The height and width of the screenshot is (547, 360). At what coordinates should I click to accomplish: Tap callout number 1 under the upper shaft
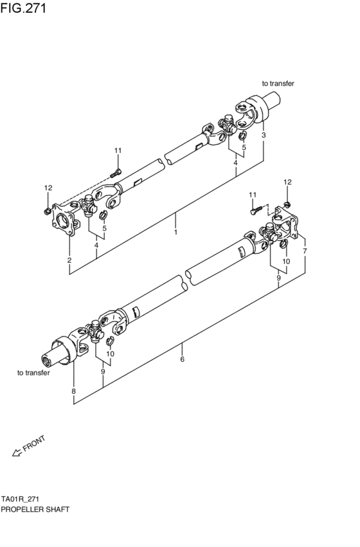(x=175, y=233)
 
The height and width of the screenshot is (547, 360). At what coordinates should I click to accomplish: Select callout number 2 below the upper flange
(x=69, y=260)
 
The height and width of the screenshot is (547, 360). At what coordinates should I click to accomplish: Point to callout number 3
(x=264, y=136)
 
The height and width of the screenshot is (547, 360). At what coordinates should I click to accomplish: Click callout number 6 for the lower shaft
(x=183, y=359)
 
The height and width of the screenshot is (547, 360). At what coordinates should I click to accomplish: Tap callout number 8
(x=74, y=391)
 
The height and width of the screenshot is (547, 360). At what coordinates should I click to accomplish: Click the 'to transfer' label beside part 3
(x=278, y=83)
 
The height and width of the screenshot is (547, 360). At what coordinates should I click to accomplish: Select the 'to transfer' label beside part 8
(x=33, y=373)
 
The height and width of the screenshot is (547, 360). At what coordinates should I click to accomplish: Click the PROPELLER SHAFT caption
(x=35, y=508)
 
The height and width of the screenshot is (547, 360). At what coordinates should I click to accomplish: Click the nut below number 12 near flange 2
(x=48, y=210)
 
